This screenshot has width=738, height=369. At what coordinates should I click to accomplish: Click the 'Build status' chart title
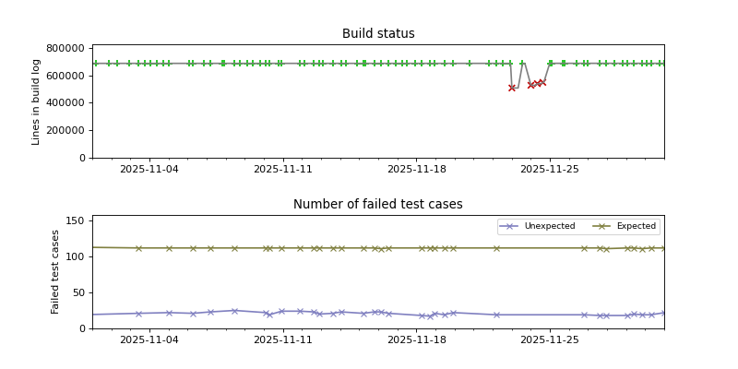pos(378,34)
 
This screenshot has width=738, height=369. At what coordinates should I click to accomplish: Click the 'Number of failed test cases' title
pos(378,205)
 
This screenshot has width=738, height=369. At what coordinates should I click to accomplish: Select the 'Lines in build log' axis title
pos(37,101)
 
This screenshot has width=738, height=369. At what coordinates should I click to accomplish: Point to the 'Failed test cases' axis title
pos(55,271)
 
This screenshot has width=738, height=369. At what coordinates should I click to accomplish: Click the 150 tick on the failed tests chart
pos(76,221)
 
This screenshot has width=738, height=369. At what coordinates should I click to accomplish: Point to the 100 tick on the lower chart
pos(76,257)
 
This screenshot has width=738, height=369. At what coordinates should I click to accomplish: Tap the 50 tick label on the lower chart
pos(78,292)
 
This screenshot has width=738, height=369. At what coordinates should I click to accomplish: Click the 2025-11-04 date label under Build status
pos(149,170)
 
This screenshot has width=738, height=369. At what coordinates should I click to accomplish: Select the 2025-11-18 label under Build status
pos(417,170)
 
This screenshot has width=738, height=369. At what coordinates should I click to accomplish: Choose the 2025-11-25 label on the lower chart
pos(551,340)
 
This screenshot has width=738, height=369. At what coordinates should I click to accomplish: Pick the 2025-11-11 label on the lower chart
pos(283,340)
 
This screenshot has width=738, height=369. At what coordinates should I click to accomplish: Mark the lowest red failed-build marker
pos(512,88)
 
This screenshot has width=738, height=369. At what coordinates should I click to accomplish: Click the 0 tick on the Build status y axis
pos(81,158)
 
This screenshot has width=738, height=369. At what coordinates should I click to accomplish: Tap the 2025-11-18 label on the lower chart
pos(417,340)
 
